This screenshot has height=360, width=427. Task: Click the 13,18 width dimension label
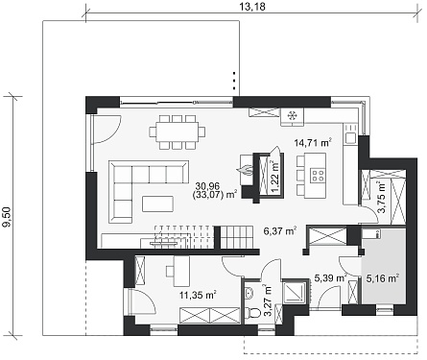pos(252,7)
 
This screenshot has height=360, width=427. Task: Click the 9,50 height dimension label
pos(7,217)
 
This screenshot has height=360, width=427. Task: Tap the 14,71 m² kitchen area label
pos(313,142)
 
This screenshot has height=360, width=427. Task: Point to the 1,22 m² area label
pos(274,177)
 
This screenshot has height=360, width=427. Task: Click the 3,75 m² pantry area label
pos(382,197)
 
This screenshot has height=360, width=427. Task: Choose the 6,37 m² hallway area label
pos(279,230)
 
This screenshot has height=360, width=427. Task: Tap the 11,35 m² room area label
pos(198,295)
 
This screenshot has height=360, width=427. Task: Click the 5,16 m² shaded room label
pos(383,277)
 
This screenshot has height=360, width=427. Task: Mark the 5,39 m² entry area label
pos(330,277)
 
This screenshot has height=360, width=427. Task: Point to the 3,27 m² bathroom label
pos(268,300)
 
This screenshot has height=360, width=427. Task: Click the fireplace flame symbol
pos(245,169)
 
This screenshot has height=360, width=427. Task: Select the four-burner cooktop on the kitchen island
pos(318,175)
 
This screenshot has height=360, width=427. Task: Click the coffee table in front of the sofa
pos(158,204)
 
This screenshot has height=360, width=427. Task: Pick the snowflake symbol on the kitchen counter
pos(292,115)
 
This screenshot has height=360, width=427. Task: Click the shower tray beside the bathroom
pos(295,291)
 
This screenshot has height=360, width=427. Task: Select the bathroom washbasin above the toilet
pos(249,292)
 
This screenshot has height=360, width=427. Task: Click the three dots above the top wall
pos(234,81)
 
